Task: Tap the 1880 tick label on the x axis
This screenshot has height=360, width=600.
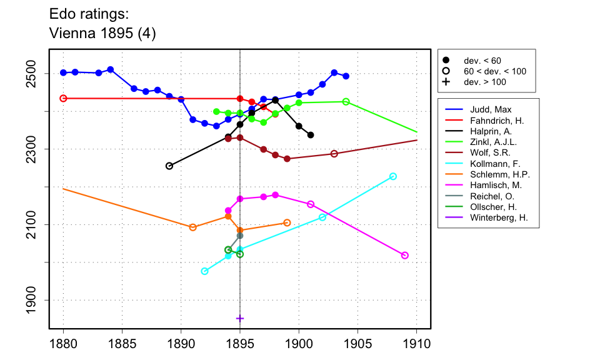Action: [63, 343]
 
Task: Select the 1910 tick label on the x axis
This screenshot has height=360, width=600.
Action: [416, 343]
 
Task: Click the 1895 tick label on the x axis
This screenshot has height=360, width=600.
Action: [240, 343]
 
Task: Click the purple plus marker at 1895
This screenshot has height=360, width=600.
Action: [240, 318]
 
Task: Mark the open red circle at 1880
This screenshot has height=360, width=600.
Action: [63, 98]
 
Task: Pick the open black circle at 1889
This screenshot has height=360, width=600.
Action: [169, 166]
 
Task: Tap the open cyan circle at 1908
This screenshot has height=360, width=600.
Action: [393, 176]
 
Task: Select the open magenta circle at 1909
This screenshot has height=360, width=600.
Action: [405, 256]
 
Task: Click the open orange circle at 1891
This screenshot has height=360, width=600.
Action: [192, 227]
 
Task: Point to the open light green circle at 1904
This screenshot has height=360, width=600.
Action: [346, 102]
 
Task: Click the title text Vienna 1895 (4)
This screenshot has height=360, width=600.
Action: [102, 34]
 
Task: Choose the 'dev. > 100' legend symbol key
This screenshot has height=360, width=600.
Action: [446, 81]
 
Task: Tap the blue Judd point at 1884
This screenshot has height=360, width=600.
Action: [110, 69]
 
